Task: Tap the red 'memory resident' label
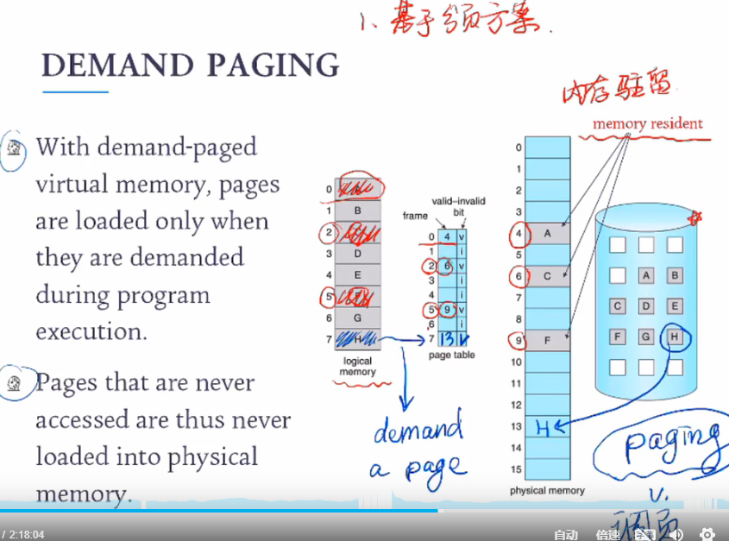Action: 647,124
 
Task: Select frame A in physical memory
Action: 548,233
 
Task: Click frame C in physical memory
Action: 548,276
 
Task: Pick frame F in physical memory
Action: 548,340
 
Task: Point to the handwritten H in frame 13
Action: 542,425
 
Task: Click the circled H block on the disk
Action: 675,337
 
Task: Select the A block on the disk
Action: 646,276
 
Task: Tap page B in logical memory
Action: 357,211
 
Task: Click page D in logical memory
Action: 357,255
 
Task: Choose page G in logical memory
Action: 357,318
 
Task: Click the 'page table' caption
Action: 452,355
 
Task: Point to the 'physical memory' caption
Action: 547,490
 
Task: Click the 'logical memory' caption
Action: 357,367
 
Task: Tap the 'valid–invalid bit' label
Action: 463,205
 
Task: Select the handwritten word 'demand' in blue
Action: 418,429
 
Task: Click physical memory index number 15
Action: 517,469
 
